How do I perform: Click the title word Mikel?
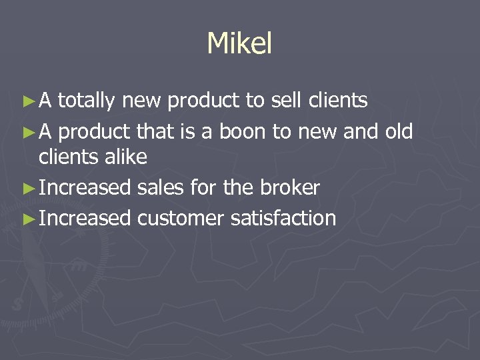pyautogui.click(x=239, y=44)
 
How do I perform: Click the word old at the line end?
pyautogui.click(x=399, y=132)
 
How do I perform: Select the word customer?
pyautogui.click(x=181, y=218)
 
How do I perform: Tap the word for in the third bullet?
pyautogui.click(x=201, y=188)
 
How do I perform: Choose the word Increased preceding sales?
pyautogui.click(x=85, y=188)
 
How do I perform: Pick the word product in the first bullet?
pyautogui.click(x=204, y=102)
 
